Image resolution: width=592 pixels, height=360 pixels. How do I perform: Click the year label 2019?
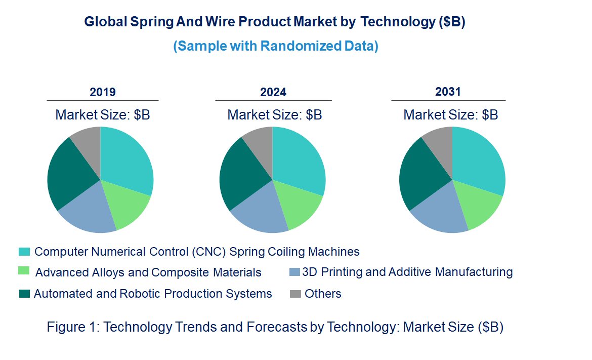click(x=103, y=92)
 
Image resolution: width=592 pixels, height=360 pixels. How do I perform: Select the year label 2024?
click(x=273, y=92)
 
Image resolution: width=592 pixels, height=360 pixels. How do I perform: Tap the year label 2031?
click(x=448, y=92)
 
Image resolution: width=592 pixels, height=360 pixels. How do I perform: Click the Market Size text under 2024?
click(x=275, y=115)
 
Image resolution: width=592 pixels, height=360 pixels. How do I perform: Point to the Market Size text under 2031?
click(x=451, y=115)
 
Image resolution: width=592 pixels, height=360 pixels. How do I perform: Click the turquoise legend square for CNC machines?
click(x=24, y=252)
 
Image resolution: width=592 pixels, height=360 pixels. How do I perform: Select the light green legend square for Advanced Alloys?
click(x=24, y=272)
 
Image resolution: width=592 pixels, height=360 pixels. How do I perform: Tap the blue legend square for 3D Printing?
click(x=295, y=272)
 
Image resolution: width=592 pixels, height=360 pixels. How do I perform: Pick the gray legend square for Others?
click(x=295, y=294)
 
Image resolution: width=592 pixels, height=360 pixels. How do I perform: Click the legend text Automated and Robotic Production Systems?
click(x=153, y=294)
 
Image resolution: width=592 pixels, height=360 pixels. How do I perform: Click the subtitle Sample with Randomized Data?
click(x=276, y=46)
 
